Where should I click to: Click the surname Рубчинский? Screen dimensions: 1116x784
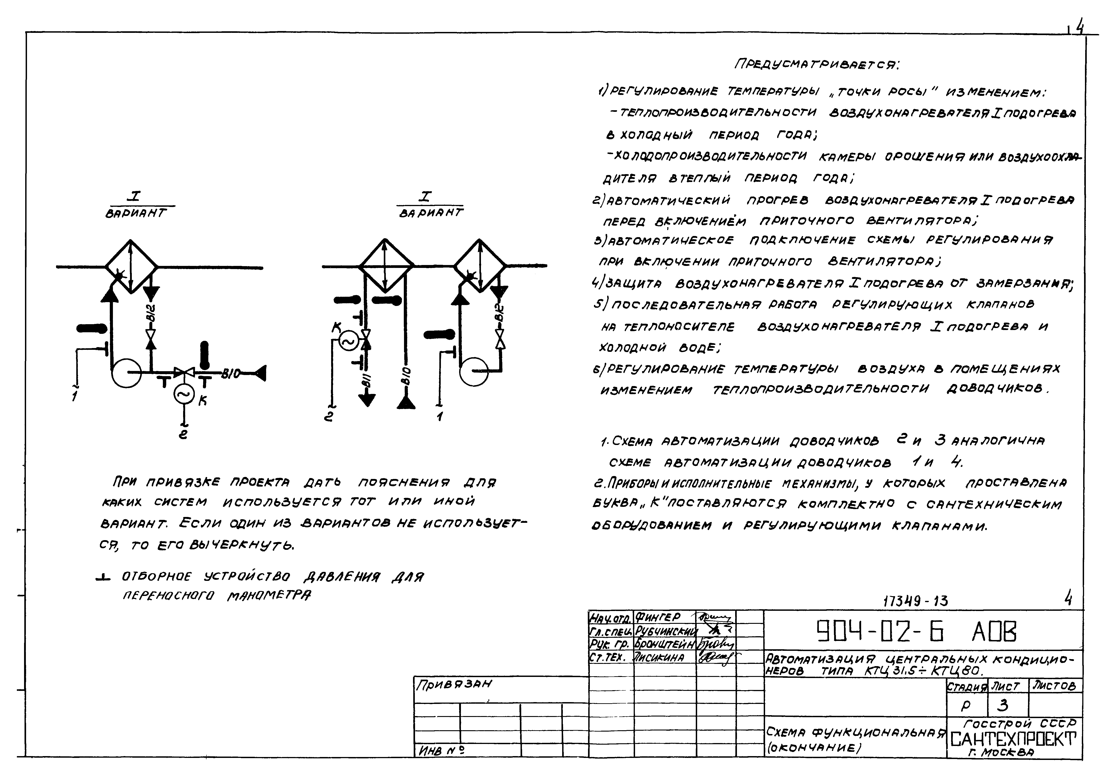coord(665,631)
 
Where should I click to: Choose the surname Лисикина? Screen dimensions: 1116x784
coord(660,658)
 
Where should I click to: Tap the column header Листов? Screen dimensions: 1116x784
coord(1053,685)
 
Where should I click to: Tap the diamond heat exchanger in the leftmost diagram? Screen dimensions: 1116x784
coord(131,266)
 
